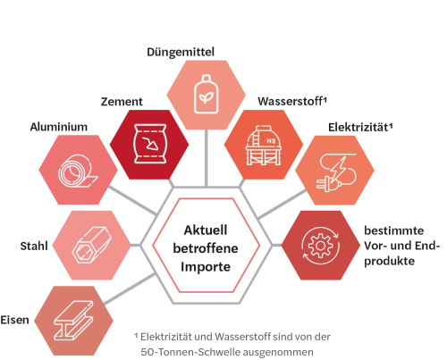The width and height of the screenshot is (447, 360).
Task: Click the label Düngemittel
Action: (181, 52)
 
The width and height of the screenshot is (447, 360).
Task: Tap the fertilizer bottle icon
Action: (206, 95)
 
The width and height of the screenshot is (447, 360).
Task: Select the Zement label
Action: (122, 102)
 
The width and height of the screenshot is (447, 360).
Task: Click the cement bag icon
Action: (149, 144)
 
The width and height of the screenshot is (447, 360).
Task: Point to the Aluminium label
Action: (59, 127)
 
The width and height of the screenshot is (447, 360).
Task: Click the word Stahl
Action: (34, 246)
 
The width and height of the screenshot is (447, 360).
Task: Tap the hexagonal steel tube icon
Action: (91, 245)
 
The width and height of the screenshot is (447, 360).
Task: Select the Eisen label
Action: (14, 320)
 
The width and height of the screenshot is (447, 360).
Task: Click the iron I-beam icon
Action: (73, 321)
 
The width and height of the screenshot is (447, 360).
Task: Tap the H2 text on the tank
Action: (271, 141)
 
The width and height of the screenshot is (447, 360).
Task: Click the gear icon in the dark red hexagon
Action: (320, 246)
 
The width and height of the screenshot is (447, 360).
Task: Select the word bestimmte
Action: (393, 230)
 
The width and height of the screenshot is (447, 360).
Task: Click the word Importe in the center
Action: (206, 267)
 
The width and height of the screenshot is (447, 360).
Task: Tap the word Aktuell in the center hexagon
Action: (206, 230)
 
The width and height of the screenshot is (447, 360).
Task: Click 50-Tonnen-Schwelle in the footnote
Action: (190, 352)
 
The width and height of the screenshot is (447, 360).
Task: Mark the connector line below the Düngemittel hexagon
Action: (207, 158)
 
